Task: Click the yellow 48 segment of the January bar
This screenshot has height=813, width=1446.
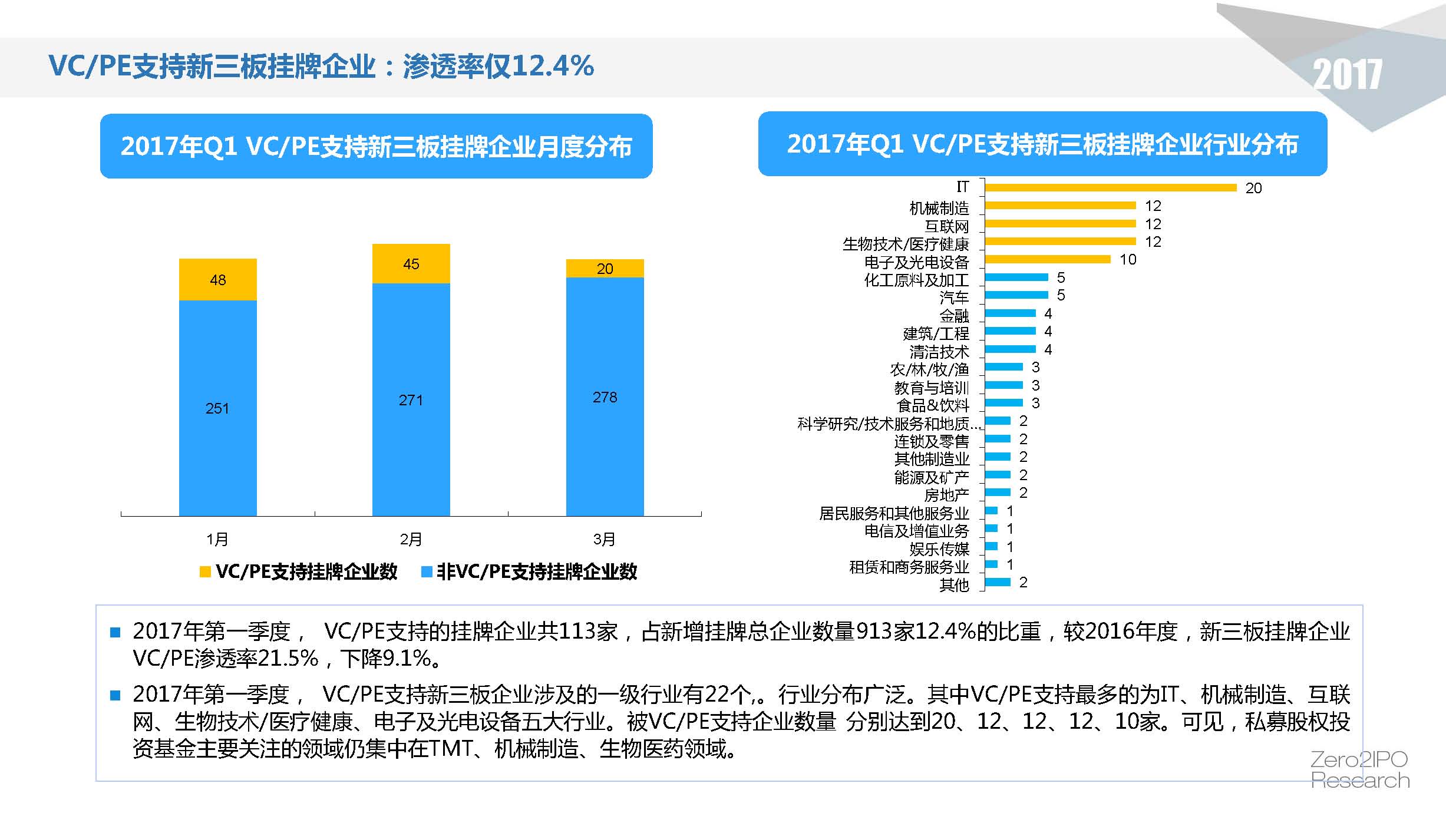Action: click(217, 280)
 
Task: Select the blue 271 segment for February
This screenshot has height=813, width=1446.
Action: click(411, 399)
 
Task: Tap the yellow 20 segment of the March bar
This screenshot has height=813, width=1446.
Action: click(605, 269)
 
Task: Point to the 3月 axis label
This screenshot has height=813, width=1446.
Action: click(604, 539)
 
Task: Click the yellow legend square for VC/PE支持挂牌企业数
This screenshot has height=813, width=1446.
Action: click(205, 571)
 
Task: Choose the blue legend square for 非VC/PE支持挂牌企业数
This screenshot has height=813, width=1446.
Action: click(427, 571)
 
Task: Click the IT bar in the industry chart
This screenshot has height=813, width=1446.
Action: click(1110, 187)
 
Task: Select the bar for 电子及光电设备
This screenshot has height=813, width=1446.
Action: click(1047, 259)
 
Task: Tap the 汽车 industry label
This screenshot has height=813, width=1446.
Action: click(954, 298)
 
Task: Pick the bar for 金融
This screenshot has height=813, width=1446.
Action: click(1010, 313)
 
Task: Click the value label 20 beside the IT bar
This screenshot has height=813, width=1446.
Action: click(1253, 188)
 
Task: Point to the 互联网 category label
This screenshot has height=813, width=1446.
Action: click(946, 226)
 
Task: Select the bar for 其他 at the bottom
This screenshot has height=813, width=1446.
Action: click(998, 582)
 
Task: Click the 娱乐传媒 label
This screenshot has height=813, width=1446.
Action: click(939, 549)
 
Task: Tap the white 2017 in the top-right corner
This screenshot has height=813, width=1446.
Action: click(1347, 75)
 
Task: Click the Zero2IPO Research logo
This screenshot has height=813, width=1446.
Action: click(1359, 769)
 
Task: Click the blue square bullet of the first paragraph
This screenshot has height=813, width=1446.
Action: click(115, 633)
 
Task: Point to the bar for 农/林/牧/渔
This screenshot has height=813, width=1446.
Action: click(1003, 367)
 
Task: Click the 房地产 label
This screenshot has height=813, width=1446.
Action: click(946, 495)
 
